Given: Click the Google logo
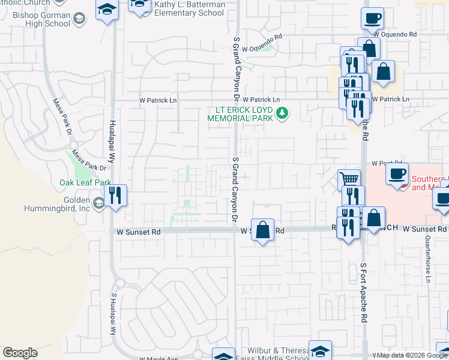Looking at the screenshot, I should pyautogui.click(x=20, y=353).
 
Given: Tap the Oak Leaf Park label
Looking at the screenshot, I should pyautogui.click(x=86, y=182).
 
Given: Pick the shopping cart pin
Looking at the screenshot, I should pyautogui.click(x=349, y=179).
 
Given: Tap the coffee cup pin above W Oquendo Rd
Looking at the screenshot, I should pyautogui.click(x=372, y=18).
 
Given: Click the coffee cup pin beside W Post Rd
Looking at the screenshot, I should pyautogui.click(x=397, y=173).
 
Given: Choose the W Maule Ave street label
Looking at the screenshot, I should pyautogui.click(x=159, y=358).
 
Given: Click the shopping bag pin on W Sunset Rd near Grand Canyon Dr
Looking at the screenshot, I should pyautogui.click(x=262, y=230).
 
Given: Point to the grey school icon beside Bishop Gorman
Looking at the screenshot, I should pyautogui.click(x=79, y=20).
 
